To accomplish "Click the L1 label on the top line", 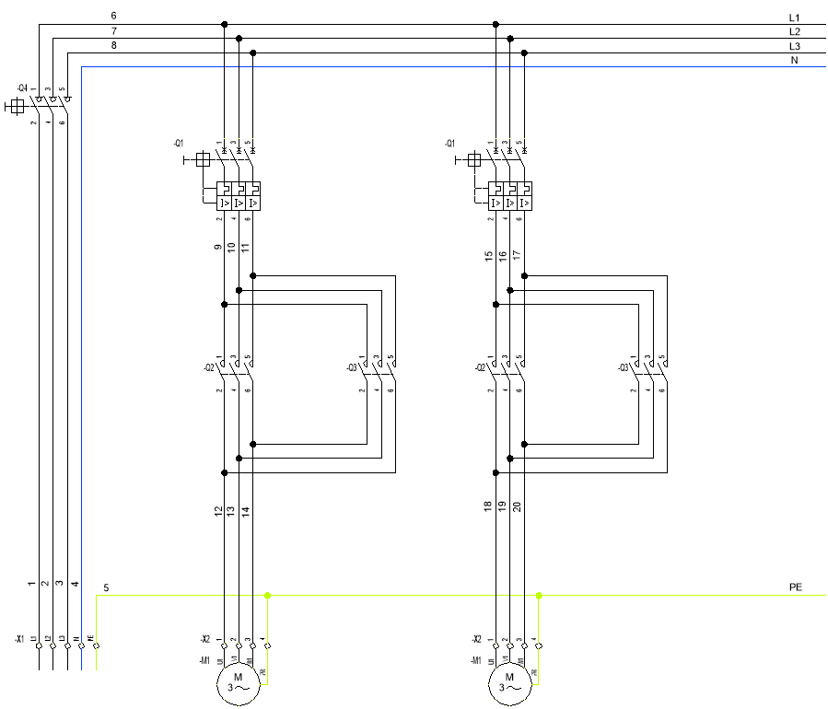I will pos(795,17).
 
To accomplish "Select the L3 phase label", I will pos(795,46).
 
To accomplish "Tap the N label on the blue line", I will pos(794,61).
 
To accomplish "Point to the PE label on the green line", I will pos(796,587).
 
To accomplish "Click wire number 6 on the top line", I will pos(113,17).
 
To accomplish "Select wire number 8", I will pos(113,45).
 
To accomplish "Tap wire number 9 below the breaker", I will pos(218,248).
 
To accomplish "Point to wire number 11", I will pos(246,248).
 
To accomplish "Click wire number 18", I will pos(489,506).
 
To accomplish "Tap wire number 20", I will pos(518,506).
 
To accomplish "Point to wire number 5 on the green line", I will pos(106,587).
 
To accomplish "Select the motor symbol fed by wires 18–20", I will pos(508,683).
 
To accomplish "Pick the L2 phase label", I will pos(795,32).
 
